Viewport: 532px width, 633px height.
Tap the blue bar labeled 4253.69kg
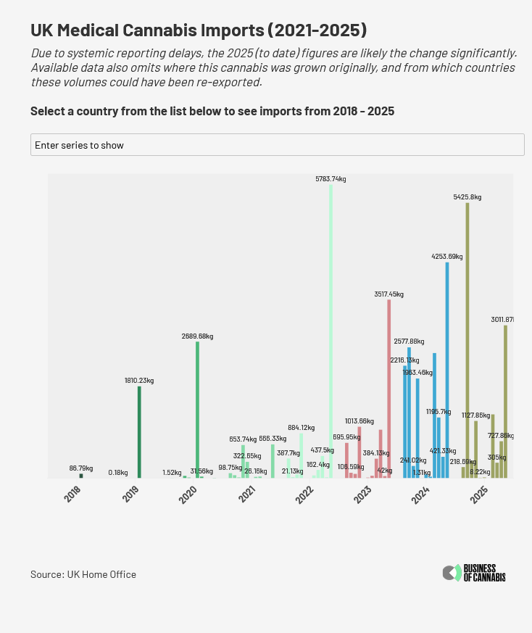[x=447, y=370]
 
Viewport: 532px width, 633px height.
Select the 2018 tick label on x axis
[x=72, y=495]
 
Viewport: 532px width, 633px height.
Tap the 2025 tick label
[x=478, y=495]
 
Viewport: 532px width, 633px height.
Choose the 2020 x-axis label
[x=188, y=495]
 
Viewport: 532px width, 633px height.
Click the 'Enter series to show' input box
[x=277, y=144]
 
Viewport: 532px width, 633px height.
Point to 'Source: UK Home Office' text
[x=83, y=574]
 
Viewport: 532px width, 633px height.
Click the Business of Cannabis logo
[x=474, y=573]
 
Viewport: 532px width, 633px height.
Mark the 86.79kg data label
[x=81, y=468]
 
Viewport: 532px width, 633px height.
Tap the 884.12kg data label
[x=301, y=428]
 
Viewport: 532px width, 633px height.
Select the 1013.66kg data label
[x=359, y=421]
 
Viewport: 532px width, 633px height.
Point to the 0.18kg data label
[x=118, y=472]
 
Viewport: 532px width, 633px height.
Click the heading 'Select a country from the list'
[x=212, y=111]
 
